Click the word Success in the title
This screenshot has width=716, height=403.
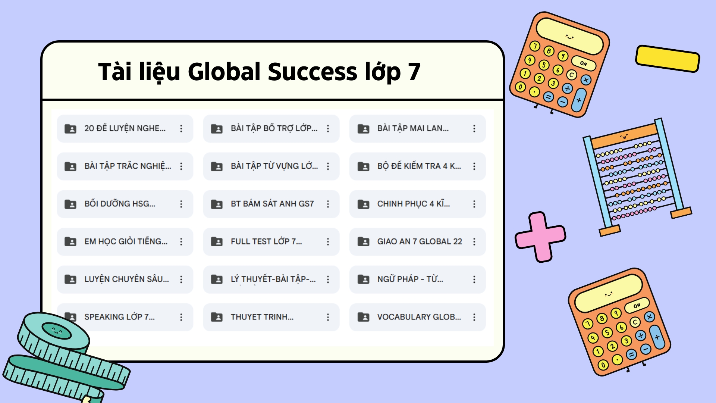312,72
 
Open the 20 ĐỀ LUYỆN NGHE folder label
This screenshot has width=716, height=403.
125,128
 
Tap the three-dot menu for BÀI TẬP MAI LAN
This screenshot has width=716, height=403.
474,129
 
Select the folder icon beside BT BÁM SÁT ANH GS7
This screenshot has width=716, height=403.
217,204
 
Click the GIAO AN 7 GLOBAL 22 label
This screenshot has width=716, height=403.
419,241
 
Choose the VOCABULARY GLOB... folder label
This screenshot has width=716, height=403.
419,317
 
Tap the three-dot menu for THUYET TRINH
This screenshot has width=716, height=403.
328,317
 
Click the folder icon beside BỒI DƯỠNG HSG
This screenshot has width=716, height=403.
70,204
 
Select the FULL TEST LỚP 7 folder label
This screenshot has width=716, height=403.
266,241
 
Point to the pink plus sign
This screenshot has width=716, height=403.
540,237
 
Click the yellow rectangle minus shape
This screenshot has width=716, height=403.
667,59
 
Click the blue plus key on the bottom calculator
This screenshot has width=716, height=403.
657,337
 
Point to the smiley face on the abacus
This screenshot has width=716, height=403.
624,137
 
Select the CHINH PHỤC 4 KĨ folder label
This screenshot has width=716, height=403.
413,204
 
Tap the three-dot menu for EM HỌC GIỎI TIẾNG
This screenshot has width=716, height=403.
181,242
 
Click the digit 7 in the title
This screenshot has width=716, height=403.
414,72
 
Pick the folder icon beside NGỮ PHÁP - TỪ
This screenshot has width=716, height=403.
363,279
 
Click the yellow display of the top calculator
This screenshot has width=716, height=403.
569,36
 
